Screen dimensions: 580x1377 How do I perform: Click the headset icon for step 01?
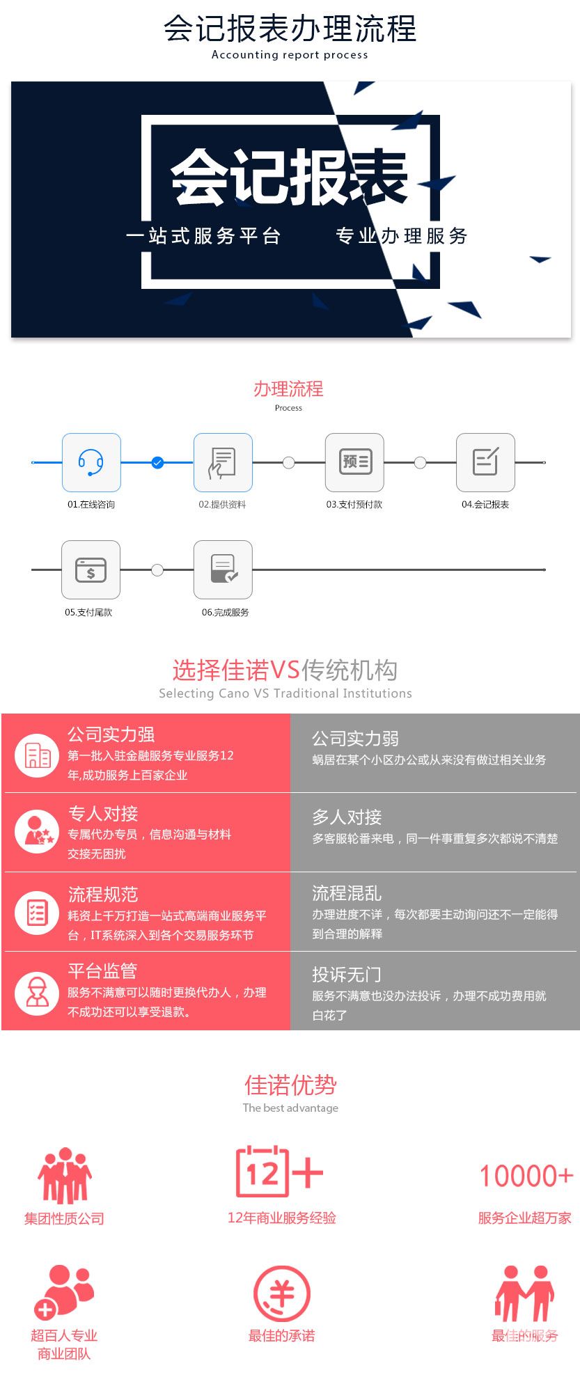pos(91,462)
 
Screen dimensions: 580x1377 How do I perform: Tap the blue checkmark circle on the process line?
pos(157,462)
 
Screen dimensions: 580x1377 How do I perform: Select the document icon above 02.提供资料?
pos(223,462)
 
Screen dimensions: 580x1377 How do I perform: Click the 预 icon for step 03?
pos(354,462)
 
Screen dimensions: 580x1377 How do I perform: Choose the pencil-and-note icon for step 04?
pos(485,462)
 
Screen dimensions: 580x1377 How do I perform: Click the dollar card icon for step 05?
pos(91,569)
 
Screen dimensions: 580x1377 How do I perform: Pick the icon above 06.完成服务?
pos(223,569)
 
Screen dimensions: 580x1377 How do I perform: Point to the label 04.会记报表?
pos(485,505)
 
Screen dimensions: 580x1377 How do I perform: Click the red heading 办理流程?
pos(288,388)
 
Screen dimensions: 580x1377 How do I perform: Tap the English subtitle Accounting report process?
pos(290,55)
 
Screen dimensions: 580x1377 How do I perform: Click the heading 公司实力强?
pos(111,734)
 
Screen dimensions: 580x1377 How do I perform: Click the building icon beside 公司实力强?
pos(37,755)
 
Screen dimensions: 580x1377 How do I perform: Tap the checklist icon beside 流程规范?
pos(37,913)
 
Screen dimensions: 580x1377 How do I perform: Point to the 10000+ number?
pos(526,1176)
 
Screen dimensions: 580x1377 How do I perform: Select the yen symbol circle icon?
pos(281,1293)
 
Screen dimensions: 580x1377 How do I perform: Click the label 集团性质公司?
pos(64,1218)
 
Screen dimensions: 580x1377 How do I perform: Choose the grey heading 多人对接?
pos(347,817)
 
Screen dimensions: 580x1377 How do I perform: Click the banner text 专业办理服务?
pos(402,236)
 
